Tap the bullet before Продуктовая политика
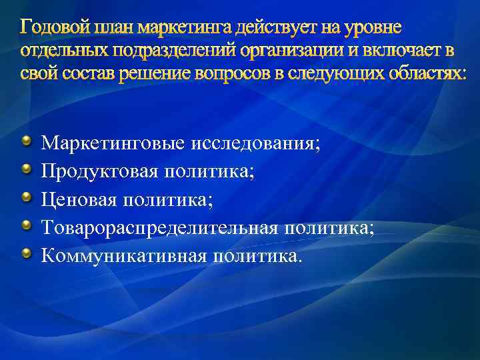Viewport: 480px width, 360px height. [27, 169]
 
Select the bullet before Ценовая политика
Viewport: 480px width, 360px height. [27, 197]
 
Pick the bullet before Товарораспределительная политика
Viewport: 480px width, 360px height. [27, 226]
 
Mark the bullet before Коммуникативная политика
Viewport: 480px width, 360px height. [27, 254]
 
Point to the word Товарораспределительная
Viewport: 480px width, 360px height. [159, 229]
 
